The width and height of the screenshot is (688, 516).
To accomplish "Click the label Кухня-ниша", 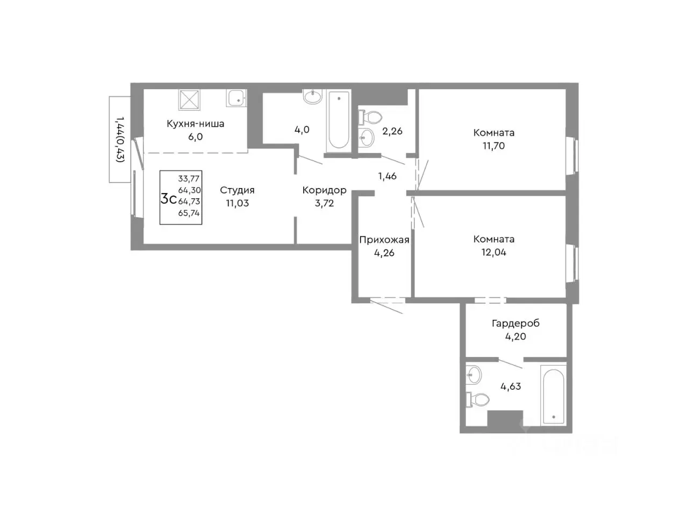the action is click(x=195, y=124).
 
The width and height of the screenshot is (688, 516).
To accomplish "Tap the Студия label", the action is click(x=237, y=190).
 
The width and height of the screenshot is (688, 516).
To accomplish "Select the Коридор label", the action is click(x=325, y=190).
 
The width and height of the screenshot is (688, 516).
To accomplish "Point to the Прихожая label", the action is click(x=384, y=240).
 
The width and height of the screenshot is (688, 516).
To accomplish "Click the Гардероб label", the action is click(x=515, y=324).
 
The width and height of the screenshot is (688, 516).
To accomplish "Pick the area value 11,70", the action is click(x=493, y=146).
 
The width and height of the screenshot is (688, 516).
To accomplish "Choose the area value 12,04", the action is click(x=493, y=253).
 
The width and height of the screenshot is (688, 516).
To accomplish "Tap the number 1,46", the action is click(x=388, y=176).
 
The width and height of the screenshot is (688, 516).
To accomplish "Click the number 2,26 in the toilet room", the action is click(x=392, y=131).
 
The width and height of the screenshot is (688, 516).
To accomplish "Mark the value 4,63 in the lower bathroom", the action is click(x=511, y=386).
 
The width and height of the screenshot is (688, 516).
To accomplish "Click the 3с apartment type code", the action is click(x=169, y=199).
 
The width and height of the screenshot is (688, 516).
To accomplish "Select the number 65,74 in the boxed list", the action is click(x=189, y=213).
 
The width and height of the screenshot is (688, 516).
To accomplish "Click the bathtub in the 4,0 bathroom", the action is click(x=339, y=121).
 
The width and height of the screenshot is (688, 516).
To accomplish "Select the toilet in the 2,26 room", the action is click(x=370, y=118).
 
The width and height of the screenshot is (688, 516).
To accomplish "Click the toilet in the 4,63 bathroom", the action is click(x=477, y=400).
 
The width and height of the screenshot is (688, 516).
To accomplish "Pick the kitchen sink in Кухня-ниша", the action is click(x=236, y=98).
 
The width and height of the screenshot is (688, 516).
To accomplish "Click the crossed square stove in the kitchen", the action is click(x=189, y=99).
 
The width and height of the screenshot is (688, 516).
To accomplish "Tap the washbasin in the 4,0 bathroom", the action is click(x=312, y=97).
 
